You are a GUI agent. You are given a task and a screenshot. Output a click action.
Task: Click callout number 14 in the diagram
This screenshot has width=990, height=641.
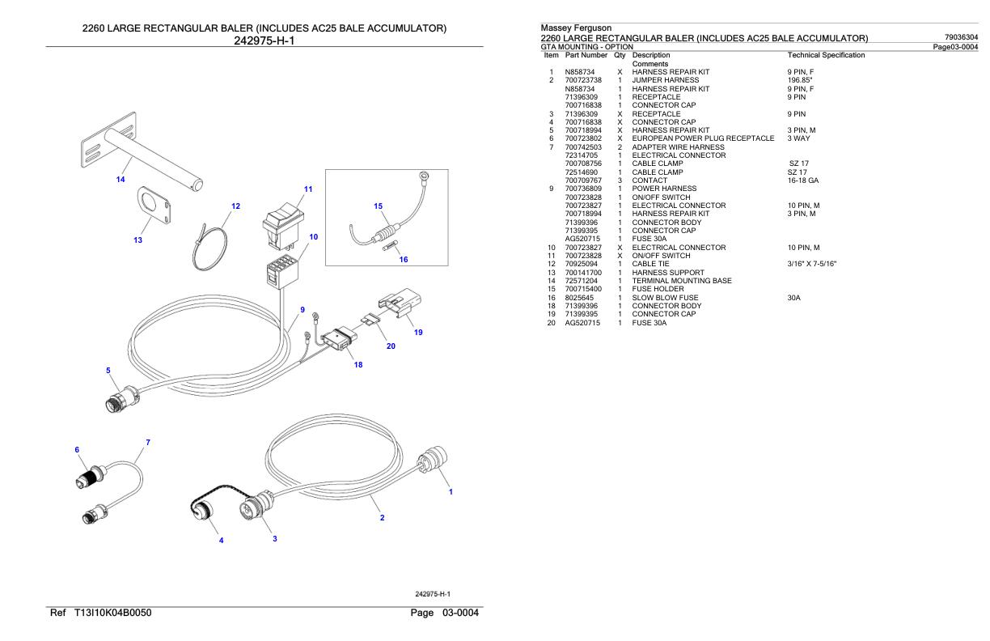(x=121, y=179)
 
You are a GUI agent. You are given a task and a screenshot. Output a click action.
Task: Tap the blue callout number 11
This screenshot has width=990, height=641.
(x=308, y=189)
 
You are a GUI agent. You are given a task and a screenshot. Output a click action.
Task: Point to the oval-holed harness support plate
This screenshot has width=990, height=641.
(x=154, y=206)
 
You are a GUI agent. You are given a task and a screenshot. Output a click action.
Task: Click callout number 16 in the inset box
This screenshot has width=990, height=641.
(x=404, y=259)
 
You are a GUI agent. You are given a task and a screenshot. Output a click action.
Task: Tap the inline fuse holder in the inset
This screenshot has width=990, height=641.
(x=387, y=233)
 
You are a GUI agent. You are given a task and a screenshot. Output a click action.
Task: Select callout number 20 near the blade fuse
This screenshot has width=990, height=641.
(x=391, y=346)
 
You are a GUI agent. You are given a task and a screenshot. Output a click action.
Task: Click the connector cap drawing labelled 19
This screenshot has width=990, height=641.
(x=400, y=302)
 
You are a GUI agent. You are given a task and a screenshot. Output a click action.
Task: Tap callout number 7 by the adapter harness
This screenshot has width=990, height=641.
(x=148, y=442)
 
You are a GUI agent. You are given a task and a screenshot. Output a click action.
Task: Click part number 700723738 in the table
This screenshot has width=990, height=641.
(x=583, y=80)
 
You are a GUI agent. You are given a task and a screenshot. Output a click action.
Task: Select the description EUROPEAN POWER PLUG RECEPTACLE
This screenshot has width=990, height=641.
(x=703, y=138)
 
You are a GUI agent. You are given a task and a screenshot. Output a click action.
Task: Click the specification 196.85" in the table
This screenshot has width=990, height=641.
(x=799, y=80)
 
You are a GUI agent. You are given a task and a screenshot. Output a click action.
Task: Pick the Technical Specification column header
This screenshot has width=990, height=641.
(x=826, y=55)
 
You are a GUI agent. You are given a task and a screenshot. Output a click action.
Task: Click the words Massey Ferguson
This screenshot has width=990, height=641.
(x=576, y=28)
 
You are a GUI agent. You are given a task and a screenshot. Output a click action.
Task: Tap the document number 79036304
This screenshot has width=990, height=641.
(x=961, y=37)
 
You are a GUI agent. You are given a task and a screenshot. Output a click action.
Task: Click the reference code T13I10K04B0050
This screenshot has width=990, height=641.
(x=112, y=613)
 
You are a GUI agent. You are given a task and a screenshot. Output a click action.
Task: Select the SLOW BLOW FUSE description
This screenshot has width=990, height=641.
(x=665, y=298)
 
